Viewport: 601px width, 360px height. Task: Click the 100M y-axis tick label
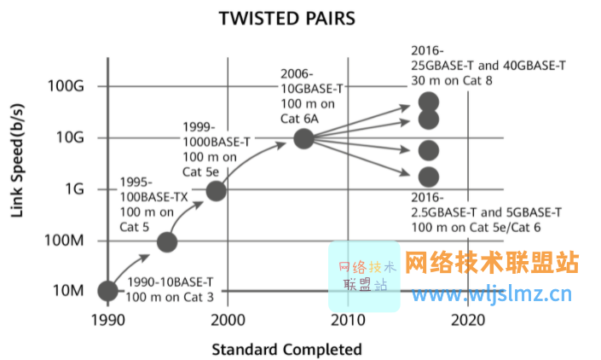point(64,241)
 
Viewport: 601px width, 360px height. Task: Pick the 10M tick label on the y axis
point(67,291)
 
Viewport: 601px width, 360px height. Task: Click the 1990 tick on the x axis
point(107,321)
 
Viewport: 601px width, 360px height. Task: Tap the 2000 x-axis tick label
point(227,321)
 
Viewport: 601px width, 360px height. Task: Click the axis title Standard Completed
point(286,349)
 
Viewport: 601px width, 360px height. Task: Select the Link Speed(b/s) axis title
point(18,161)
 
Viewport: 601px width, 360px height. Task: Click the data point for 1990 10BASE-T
point(107,291)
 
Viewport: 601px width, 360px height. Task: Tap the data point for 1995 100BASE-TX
point(167,241)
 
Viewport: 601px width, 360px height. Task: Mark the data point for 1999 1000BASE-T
point(216,190)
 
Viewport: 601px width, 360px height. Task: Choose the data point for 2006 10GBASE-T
point(303,138)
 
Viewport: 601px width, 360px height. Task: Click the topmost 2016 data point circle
point(429,103)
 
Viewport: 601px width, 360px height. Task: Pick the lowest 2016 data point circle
point(429,177)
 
